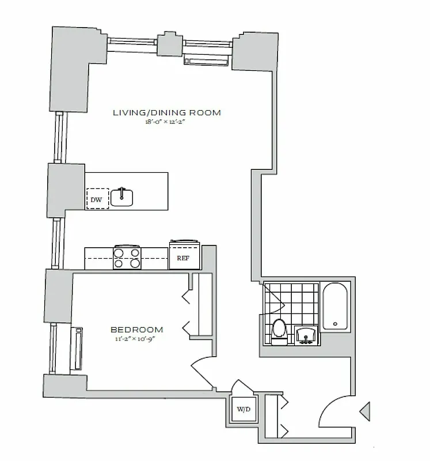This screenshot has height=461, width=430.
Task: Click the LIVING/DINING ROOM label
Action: (167, 113)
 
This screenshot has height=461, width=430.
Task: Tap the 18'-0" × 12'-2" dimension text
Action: (167, 122)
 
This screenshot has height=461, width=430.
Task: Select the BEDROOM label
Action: (136, 330)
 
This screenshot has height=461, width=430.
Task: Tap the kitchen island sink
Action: (121, 197)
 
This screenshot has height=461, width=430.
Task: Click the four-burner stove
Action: (127, 257)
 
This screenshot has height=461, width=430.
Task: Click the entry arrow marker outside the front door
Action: (364, 412)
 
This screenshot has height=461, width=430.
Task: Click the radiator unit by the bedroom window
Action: (76, 349)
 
